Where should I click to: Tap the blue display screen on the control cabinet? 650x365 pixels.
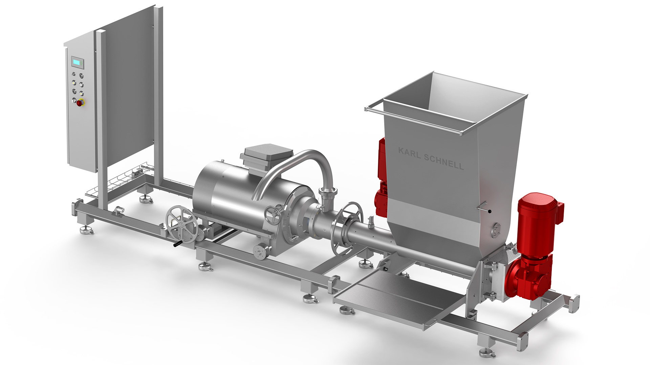(77, 62)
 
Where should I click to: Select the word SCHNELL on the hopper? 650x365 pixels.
(444, 162)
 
